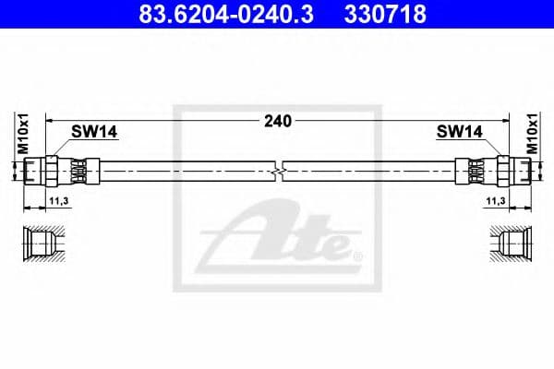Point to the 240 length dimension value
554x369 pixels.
point(278,120)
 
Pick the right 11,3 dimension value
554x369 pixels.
point(497,200)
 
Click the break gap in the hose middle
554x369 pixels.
point(280,172)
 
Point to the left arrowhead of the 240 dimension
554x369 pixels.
point(52,120)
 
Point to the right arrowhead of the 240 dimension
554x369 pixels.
point(504,120)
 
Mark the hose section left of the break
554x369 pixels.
point(185,172)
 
